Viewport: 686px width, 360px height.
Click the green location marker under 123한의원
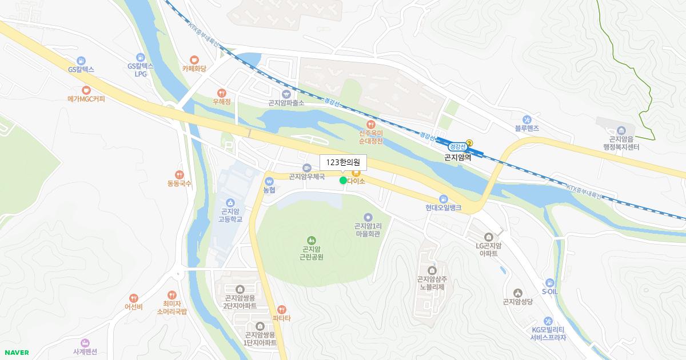pyautogui.click(x=343, y=181)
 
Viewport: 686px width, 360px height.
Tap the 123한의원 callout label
pyautogui.click(x=343, y=162)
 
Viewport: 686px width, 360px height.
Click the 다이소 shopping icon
pyautogui.click(x=356, y=171)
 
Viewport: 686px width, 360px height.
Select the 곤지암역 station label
pyautogui.click(x=458, y=157)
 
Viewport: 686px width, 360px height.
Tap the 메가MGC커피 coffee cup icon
pyautogui.click(x=86, y=90)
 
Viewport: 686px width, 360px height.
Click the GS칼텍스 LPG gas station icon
pyautogui.click(x=141, y=57)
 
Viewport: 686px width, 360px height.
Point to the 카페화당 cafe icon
pyautogui.click(x=194, y=59)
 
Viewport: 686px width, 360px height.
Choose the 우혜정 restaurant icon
pyautogui.click(x=221, y=93)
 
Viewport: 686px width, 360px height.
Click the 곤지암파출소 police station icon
pyautogui.click(x=286, y=94)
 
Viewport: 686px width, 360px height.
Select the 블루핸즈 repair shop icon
pyautogui.click(x=528, y=119)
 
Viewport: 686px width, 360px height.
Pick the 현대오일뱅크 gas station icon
pyautogui.click(x=443, y=198)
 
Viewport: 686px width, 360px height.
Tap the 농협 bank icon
pyautogui.click(x=269, y=181)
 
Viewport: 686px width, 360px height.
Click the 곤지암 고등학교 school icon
pyautogui.click(x=230, y=202)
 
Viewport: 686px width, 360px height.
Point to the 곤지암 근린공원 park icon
pyautogui.click(x=312, y=240)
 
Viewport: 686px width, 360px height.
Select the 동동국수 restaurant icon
pyautogui.click(x=180, y=175)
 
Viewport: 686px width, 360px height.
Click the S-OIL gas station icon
pyautogui.click(x=549, y=282)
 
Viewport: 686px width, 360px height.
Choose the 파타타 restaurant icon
pyautogui.click(x=281, y=309)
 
